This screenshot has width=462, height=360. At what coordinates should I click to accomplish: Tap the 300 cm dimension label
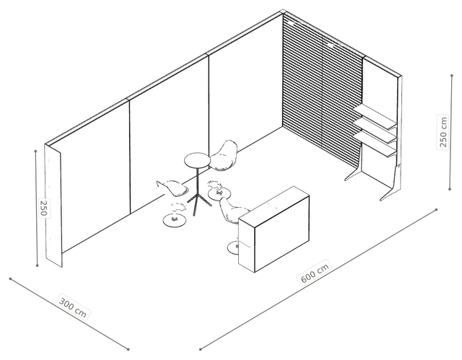click(x=73, y=307)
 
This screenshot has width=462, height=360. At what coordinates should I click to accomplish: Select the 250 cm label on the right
click(x=443, y=132)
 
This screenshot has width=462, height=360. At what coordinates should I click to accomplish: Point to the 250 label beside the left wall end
click(x=43, y=208)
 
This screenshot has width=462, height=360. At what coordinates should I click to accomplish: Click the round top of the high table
click(x=197, y=160)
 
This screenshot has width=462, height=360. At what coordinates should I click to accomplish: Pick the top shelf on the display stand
click(x=375, y=118)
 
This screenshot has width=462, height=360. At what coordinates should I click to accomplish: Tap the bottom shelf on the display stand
click(x=374, y=144)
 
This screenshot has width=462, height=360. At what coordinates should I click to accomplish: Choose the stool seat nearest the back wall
click(x=225, y=155)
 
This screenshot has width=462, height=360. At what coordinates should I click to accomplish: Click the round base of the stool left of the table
click(x=175, y=221)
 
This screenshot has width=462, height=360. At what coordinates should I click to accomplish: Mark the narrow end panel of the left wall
click(x=53, y=206)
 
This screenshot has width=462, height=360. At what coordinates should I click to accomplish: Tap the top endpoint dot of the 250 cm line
click(x=452, y=75)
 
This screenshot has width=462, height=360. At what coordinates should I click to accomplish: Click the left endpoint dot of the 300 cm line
click(x=10, y=278)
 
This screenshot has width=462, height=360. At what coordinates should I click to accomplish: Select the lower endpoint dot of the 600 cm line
click(x=201, y=349)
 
